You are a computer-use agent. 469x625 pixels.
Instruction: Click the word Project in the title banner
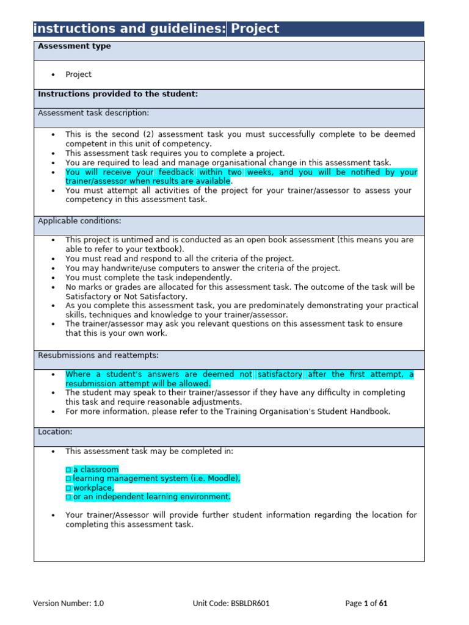[x=255, y=29]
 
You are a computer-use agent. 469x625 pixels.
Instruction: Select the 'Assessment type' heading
[x=75, y=46]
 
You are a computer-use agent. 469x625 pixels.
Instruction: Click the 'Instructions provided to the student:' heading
[x=118, y=94]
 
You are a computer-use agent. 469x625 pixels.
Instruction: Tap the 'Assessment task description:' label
[x=93, y=113]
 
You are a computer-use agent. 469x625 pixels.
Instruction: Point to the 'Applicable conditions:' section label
[x=79, y=221]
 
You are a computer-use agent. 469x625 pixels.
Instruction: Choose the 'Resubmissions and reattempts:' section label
[x=98, y=355]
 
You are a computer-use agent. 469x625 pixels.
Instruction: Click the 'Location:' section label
[x=55, y=432]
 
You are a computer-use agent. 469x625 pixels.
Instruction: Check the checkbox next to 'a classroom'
[x=68, y=470]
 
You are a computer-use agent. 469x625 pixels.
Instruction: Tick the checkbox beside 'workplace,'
[x=68, y=488]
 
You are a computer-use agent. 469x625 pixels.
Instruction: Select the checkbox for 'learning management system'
[x=68, y=479]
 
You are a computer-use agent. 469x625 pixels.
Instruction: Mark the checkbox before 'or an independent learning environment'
[x=68, y=497]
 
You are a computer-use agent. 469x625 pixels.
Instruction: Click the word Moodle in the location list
[x=223, y=479]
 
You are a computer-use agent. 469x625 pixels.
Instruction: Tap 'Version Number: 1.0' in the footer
[x=68, y=604]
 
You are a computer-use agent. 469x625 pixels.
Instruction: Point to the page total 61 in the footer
[x=384, y=604]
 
